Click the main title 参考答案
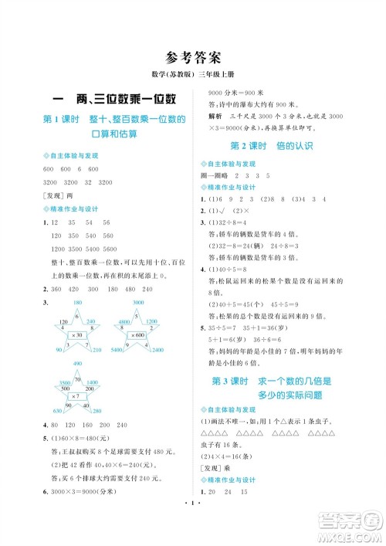[x=193, y=56]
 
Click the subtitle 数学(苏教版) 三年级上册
[x=193, y=75]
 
